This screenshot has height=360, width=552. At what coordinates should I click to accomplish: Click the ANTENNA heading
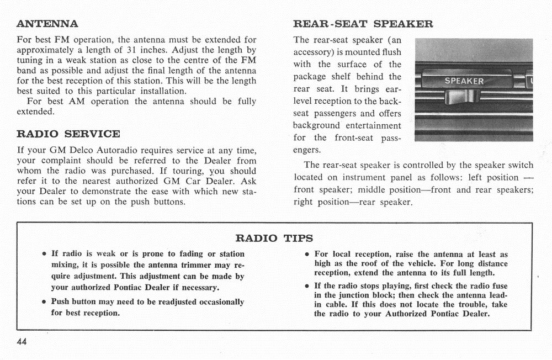(x=47, y=24)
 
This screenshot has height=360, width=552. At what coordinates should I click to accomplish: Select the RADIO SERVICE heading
(x=68, y=134)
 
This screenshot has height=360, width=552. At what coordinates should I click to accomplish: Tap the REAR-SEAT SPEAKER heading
(x=363, y=24)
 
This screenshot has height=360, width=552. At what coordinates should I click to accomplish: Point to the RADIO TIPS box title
(x=274, y=238)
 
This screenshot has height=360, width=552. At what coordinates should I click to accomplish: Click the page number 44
(x=22, y=341)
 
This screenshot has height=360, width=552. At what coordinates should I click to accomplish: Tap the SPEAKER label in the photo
(x=464, y=81)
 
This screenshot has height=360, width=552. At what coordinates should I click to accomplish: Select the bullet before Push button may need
(x=44, y=303)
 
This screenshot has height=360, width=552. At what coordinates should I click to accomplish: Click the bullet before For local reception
(x=307, y=255)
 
